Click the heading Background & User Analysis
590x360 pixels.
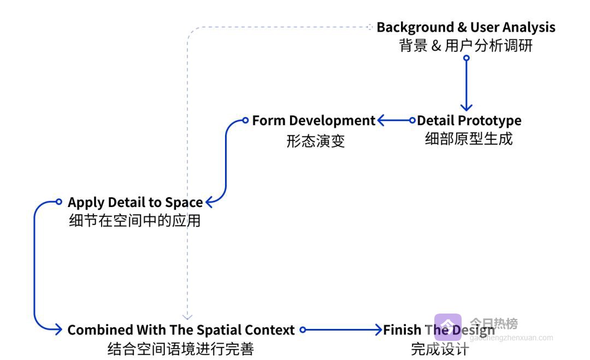(x=465, y=27)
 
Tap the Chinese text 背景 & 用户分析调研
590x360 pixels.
(x=465, y=45)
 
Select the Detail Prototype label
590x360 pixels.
(x=469, y=120)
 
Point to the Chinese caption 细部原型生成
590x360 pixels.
(x=469, y=139)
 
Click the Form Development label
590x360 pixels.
(x=314, y=120)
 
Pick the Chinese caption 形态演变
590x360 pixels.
(x=316, y=141)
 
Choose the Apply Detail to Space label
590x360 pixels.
(x=135, y=202)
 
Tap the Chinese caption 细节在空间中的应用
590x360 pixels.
(x=135, y=221)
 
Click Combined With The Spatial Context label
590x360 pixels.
(x=181, y=330)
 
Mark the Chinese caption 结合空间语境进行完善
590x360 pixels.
(x=181, y=349)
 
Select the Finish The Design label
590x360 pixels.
(x=439, y=330)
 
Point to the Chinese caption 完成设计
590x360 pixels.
(x=440, y=349)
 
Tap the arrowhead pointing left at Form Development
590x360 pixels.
(x=381, y=120)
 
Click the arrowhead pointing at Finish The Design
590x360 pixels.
(x=379, y=330)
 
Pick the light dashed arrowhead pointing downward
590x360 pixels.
(x=187, y=316)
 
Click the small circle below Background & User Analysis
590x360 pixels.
(x=466, y=58)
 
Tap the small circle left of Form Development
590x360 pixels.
(x=245, y=120)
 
